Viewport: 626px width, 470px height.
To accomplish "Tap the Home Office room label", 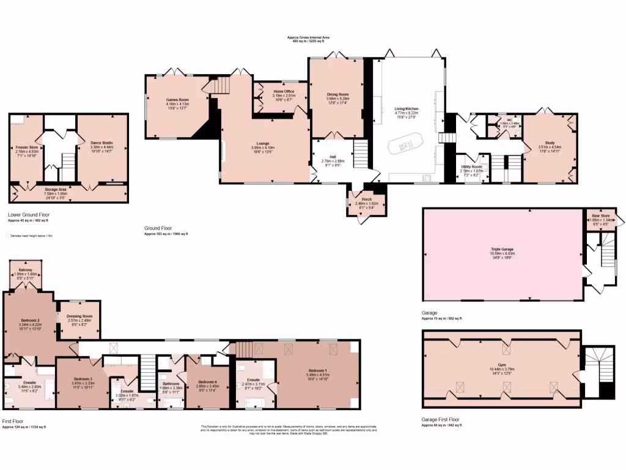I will (x=284, y=91).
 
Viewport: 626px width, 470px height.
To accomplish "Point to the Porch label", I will (x=367, y=199).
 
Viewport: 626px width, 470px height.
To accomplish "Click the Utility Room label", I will (x=471, y=166).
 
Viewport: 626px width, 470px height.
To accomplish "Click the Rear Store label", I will (x=599, y=216).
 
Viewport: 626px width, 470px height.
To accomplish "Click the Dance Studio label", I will (x=101, y=143).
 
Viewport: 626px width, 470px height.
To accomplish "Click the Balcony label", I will (x=26, y=269).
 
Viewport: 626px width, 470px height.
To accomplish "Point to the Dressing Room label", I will (x=79, y=316).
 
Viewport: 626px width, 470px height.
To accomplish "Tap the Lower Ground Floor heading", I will (x=30, y=215).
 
